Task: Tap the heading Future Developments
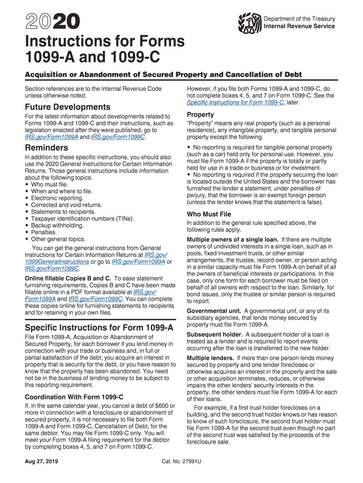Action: click(67, 107)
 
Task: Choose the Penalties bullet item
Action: click(44, 233)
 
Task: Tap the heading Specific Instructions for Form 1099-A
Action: click(99, 327)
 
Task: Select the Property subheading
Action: click(200, 115)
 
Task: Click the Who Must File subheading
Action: click(209, 214)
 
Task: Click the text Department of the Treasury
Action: click(299, 19)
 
